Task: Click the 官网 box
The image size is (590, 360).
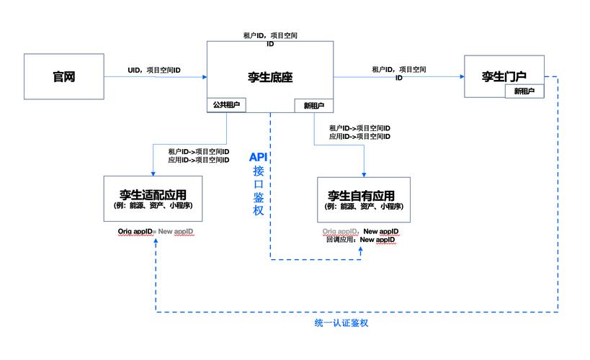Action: (x=64, y=76)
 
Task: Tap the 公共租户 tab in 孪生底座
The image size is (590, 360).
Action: (x=226, y=105)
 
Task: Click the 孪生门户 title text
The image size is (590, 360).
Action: (x=505, y=75)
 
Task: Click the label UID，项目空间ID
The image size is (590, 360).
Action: (x=153, y=71)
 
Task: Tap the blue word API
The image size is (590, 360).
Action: (x=258, y=157)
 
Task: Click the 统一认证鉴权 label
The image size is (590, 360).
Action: (x=336, y=323)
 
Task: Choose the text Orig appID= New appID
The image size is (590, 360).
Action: (x=156, y=231)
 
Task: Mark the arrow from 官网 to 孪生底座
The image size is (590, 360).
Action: (x=155, y=77)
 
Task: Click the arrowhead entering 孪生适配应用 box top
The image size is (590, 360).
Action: (x=153, y=173)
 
